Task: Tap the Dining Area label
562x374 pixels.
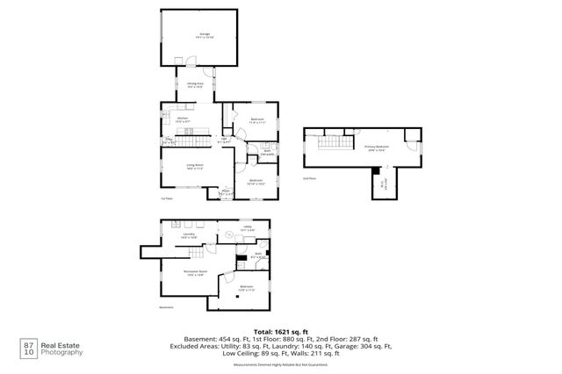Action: [x=196, y=85]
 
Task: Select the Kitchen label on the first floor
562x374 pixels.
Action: [x=183, y=119]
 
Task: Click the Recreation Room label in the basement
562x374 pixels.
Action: [x=195, y=273]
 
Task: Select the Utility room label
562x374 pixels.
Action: [x=248, y=228]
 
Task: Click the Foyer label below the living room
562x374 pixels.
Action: [x=226, y=192]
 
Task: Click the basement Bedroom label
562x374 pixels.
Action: [x=247, y=288]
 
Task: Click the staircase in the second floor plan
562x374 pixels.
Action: [x=331, y=142]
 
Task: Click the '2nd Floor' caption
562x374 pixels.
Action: [x=308, y=178]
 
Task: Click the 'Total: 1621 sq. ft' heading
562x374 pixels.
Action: [x=281, y=330]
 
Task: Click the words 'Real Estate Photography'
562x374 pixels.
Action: [x=63, y=349]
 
